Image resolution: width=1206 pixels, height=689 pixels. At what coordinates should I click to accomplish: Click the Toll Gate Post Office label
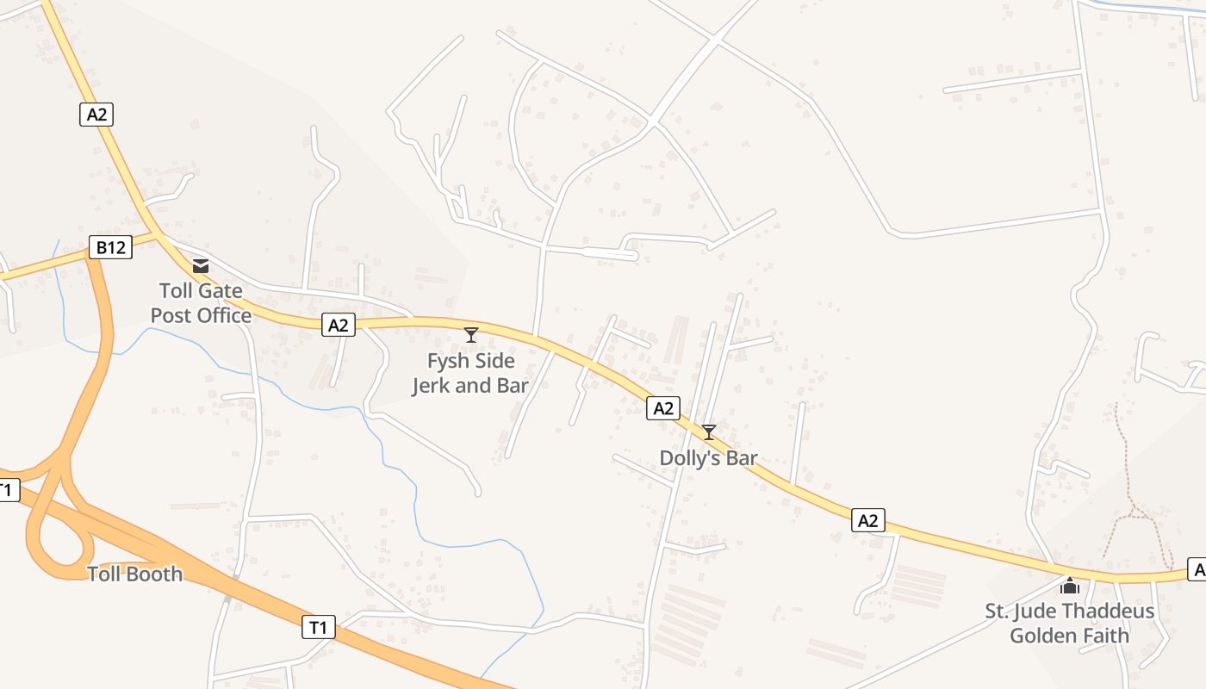[201, 303]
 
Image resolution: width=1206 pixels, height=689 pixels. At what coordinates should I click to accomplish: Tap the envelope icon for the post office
[201, 266]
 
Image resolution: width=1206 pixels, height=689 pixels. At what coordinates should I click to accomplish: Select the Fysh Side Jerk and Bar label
[470, 373]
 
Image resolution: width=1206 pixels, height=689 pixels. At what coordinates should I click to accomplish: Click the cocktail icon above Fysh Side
[470, 335]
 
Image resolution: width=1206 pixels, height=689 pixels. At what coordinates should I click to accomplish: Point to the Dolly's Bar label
[708, 458]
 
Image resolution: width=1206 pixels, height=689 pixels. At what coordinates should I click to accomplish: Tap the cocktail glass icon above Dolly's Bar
[708, 432]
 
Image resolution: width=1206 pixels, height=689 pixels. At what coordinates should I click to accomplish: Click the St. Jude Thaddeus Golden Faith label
[1069, 624]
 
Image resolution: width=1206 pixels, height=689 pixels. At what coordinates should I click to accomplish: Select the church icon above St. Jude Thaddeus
[1070, 587]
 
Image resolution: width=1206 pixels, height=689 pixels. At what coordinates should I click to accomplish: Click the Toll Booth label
[135, 574]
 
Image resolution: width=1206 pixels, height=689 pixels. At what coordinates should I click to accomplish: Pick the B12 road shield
[111, 248]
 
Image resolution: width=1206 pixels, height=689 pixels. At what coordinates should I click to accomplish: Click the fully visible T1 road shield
[318, 628]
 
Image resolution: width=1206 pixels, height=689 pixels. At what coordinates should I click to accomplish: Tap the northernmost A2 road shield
[96, 115]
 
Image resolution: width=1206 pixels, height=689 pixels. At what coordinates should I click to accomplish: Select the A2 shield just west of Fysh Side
[339, 325]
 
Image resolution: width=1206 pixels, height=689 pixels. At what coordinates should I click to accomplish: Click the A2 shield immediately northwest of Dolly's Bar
[662, 408]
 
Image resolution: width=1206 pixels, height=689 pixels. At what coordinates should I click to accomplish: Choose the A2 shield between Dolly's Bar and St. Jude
[867, 520]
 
